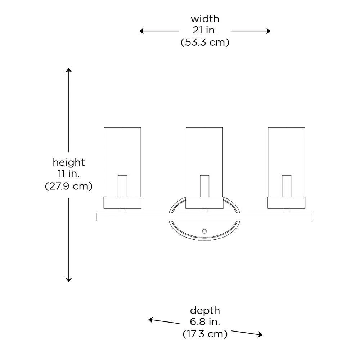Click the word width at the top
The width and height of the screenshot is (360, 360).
click(x=204, y=19)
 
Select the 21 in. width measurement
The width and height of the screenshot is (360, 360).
click(x=204, y=31)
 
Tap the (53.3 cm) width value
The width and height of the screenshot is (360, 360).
click(x=204, y=42)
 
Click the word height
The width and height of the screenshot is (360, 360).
click(x=69, y=162)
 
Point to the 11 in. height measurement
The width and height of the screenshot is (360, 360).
click(x=69, y=174)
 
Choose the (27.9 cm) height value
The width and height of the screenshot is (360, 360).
click(x=69, y=186)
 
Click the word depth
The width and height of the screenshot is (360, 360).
click(x=205, y=310)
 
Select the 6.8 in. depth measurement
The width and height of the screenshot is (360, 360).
click(x=205, y=322)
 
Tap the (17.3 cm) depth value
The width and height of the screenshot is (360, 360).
click(x=205, y=334)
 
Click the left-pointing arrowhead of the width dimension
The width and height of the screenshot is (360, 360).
click(x=142, y=31)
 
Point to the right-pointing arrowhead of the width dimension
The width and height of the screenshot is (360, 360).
click(x=268, y=31)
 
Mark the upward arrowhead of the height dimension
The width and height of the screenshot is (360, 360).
click(x=69, y=69)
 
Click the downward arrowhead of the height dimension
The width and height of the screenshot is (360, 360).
click(x=69, y=279)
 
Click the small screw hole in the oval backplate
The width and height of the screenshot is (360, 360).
click(x=204, y=231)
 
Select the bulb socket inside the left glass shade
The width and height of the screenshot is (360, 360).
click(x=122, y=186)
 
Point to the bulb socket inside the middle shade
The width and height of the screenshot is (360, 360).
click(x=204, y=186)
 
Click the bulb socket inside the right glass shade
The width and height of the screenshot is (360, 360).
click(x=287, y=186)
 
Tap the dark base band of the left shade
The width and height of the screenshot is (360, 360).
click(x=122, y=203)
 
